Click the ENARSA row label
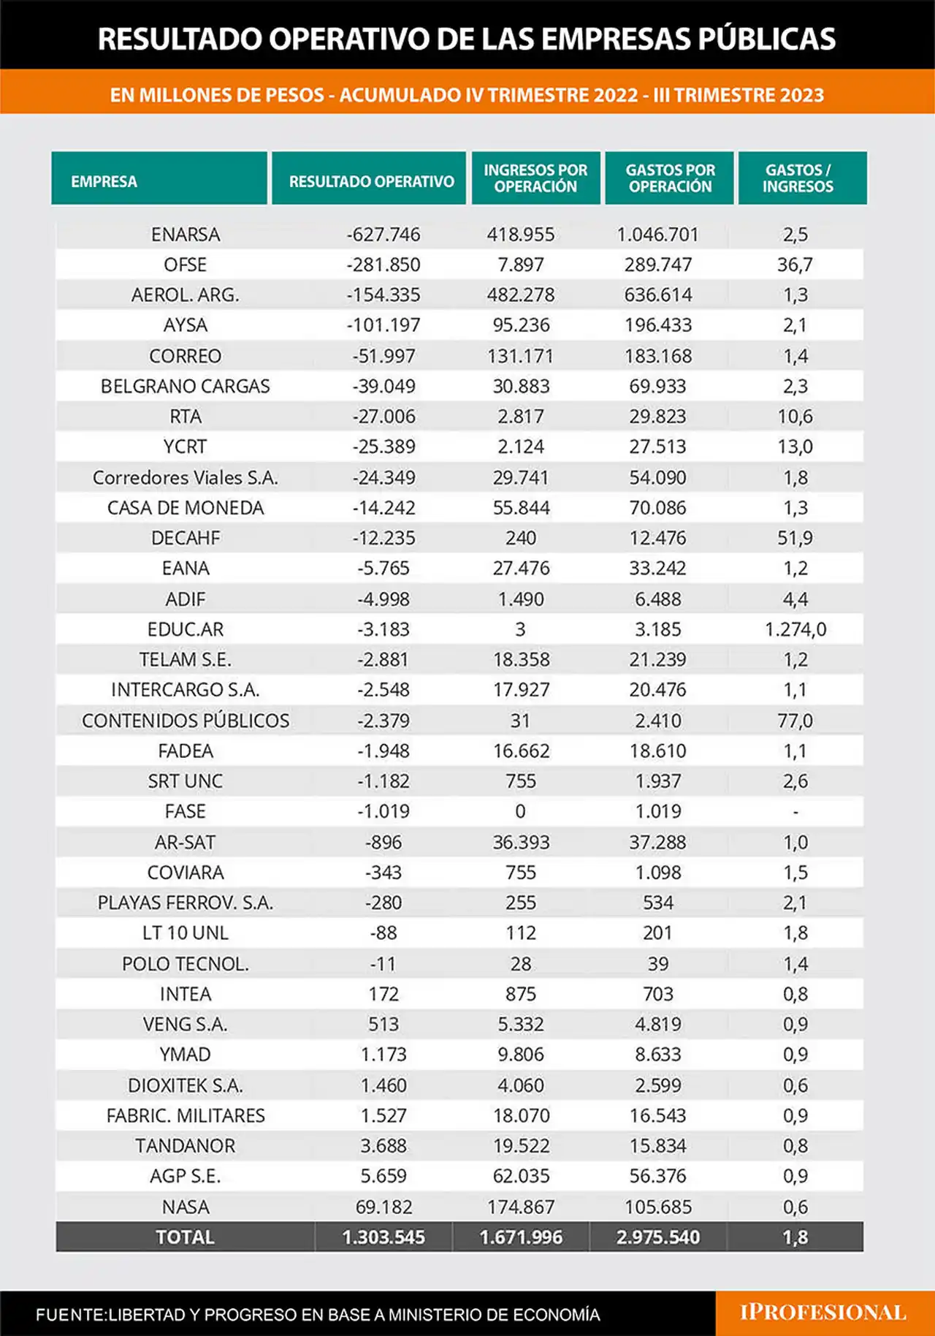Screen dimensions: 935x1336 (186, 234)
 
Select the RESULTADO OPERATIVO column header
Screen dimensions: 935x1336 (371, 181)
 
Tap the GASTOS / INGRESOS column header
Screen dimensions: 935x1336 (798, 178)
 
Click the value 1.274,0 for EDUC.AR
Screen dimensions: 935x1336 (795, 629)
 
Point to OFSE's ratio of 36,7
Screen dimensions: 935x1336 (795, 265)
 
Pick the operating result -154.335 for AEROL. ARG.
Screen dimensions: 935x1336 (383, 295)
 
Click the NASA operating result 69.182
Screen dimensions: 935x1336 (383, 1207)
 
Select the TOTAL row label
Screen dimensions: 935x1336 (186, 1237)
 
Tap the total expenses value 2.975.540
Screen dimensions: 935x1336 (658, 1237)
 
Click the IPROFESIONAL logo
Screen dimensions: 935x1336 (823, 1313)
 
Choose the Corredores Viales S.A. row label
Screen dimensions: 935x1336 (186, 477)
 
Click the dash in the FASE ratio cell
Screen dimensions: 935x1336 (795, 812)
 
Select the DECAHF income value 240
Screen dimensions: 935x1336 (521, 538)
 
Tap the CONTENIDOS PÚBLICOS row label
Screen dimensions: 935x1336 (186, 721)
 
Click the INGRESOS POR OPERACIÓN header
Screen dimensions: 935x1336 (535, 178)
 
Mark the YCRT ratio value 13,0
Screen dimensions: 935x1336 (795, 447)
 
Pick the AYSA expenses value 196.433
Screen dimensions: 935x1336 (658, 325)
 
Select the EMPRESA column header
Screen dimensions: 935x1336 (104, 181)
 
